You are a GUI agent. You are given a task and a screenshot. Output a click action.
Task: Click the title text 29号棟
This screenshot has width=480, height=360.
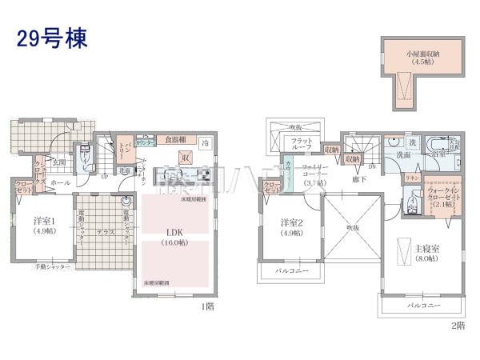click(50, 38)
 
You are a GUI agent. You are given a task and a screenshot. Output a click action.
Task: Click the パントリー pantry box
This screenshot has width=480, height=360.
click(125, 150)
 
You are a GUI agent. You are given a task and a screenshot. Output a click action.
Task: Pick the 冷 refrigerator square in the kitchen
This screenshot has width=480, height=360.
click(206, 143)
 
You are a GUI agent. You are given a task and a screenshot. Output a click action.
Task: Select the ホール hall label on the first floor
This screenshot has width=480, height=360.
click(59, 183)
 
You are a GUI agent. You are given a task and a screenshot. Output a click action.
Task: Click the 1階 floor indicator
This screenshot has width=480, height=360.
click(206, 306)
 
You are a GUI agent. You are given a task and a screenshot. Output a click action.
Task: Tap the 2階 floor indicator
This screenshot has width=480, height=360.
click(458, 326)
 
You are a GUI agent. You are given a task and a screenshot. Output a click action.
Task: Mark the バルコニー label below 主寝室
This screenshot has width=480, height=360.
click(423, 306)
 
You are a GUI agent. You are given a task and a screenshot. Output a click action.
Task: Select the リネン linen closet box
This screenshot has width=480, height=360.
click(412, 177)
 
